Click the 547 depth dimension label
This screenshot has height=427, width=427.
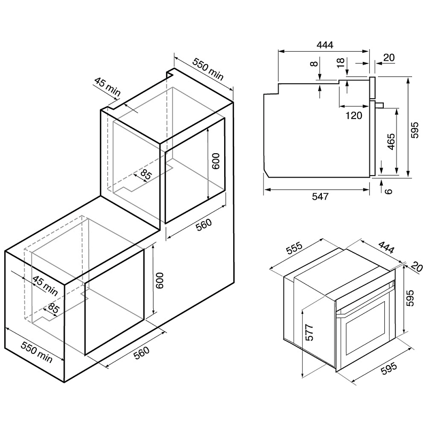click(x=320, y=196)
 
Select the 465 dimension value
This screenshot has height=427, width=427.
click(x=391, y=142)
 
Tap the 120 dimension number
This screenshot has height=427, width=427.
click(x=354, y=115)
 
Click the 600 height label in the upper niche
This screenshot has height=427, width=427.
click(x=216, y=162)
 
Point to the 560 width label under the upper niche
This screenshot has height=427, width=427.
click(x=203, y=226)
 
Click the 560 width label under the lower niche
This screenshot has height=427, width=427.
click(x=140, y=353)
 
